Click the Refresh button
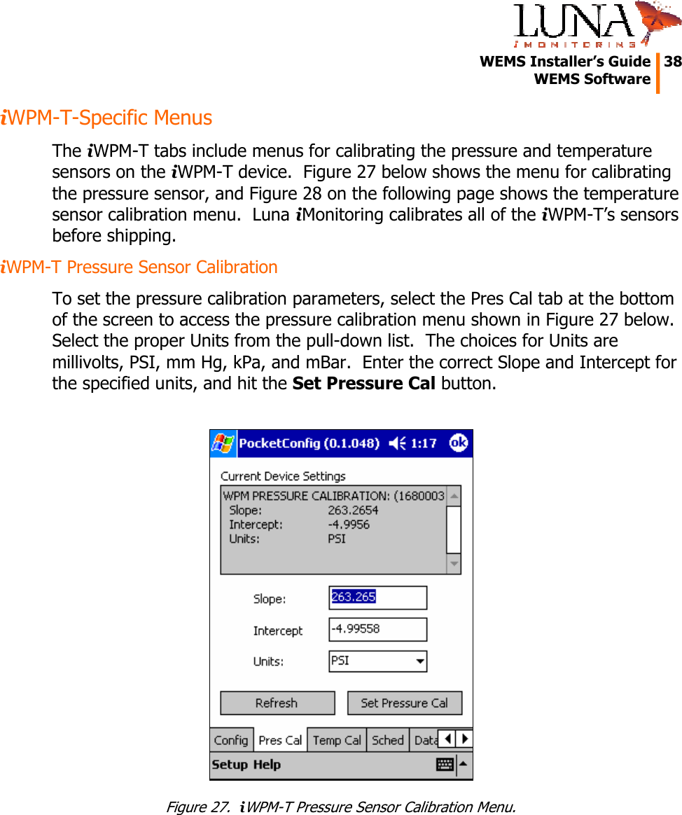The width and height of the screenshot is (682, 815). click(277, 703)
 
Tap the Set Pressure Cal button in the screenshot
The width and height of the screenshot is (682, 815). click(404, 703)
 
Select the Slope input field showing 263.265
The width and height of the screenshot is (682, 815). click(377, 597)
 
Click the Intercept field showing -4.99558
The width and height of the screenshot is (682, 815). click(377, 629)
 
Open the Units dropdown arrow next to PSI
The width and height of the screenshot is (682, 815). click(419, 661)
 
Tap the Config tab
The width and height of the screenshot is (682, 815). click(231, 740)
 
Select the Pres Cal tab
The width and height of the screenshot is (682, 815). click(280, 740)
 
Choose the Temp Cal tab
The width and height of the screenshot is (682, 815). click(337, 740)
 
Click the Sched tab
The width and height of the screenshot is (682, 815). click(388, 740)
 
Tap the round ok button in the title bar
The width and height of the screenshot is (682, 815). click(459, 443)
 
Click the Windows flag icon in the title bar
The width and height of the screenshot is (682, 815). click(223, 443)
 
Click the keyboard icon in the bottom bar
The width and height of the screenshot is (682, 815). click(445, 765)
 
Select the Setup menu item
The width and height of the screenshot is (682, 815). click(230, 765)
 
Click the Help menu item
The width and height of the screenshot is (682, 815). click(267, 765)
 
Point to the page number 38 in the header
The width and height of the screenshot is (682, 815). click(672, 62)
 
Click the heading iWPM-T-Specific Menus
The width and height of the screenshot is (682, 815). click(106, 118)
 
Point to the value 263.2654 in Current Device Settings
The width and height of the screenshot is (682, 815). click(353, 510)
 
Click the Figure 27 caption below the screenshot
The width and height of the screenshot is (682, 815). click(340, 807)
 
